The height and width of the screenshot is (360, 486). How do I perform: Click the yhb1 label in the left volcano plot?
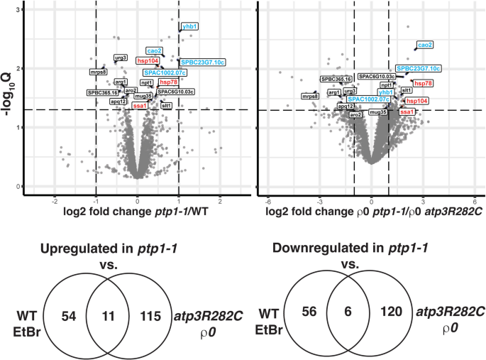190,27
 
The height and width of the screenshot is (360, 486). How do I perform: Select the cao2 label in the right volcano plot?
424,45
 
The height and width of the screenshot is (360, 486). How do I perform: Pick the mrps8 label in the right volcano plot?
310,96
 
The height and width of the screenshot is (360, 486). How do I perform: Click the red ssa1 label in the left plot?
140,106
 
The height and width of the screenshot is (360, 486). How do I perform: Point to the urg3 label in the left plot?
121,58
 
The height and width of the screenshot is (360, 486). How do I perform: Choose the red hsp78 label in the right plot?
423,83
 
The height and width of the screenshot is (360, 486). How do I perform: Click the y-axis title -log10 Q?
9,94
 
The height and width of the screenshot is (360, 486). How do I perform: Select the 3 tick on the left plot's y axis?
16,9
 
